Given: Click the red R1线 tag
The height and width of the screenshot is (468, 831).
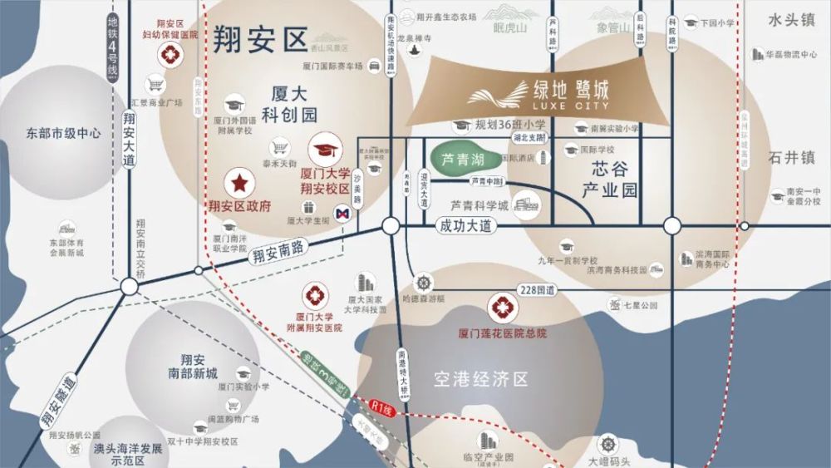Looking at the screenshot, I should click(382, 408).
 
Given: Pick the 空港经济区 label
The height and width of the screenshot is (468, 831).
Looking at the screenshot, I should click(481, 380).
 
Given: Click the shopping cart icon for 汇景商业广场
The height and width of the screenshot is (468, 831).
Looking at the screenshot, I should click(154, 84).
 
